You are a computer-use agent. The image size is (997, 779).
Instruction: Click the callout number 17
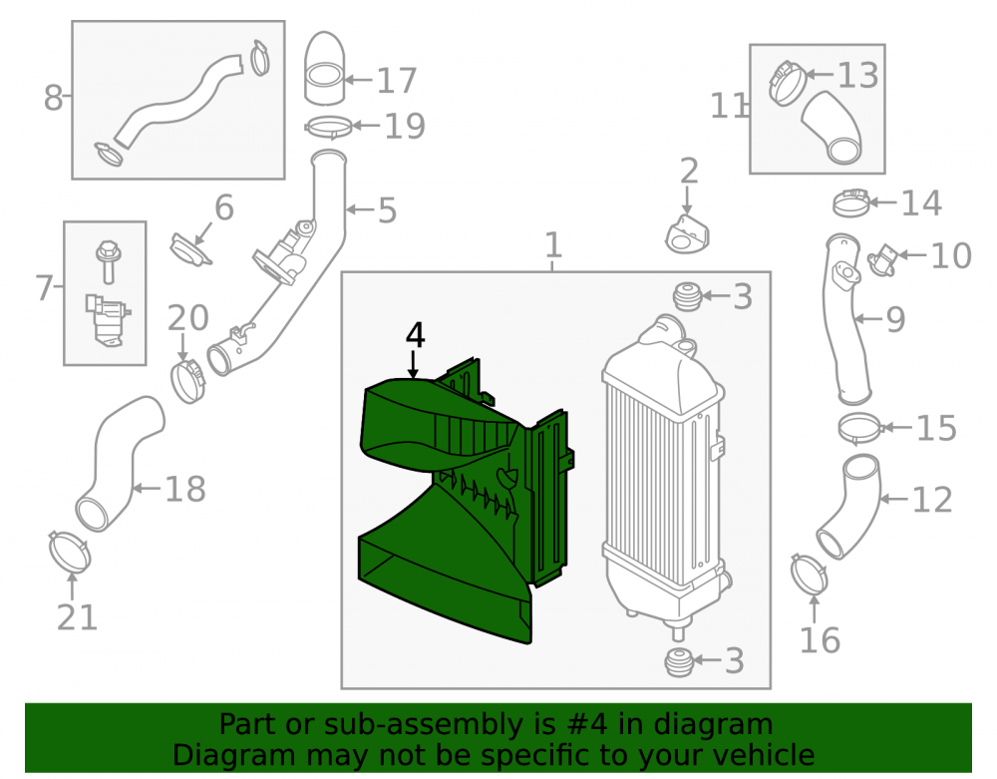pyautogui.click(x=397, y=81)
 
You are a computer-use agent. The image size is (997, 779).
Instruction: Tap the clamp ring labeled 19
pyautogui.click(x=328, y=127)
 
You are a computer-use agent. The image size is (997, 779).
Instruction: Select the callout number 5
pyautogui.click(x=387, y=210)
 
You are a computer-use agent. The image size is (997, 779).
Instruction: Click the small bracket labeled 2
pyautogui.click(x=687, y=234)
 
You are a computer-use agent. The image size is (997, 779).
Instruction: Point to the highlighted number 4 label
pyautogui.click(x=415, y=335)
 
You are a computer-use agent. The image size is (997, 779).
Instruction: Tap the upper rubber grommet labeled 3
pyautogui.click(x=687, y=296)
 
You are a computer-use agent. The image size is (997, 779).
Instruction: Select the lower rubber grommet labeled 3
pyautogui.click(x=678, y=662)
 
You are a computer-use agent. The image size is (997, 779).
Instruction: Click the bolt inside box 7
pyautogui.click(x=108, y=261)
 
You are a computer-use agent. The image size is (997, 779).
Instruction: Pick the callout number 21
pyautogui.click(x=78, y=617)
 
